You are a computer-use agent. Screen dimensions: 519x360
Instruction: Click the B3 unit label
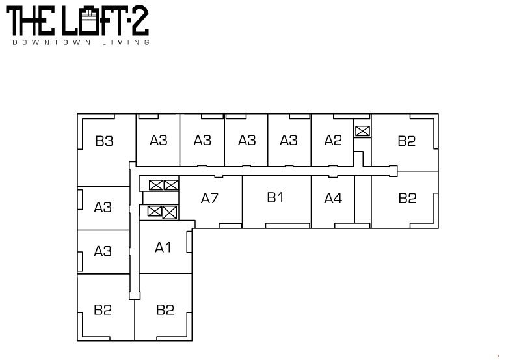click(104, 141)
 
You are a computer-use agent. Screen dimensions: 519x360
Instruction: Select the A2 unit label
click(333, 141)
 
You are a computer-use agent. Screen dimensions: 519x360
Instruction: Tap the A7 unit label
click(209, 199)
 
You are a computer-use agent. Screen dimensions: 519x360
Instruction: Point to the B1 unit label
click(275, 197)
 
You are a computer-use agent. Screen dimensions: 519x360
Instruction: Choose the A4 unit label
click(333, 199)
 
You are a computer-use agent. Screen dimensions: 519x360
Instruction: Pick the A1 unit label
click(163, 247)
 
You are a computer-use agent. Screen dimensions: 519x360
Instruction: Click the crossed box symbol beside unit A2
click(362, 131)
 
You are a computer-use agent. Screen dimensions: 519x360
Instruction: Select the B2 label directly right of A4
click(407, 199)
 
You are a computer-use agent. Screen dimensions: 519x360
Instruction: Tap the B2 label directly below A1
click(165, 310)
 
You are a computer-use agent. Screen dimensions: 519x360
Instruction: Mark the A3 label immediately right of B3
click(159, 141)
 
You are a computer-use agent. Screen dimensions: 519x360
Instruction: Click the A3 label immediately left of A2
click(289, 141)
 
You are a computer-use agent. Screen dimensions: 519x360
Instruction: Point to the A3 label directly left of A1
click(103, 251)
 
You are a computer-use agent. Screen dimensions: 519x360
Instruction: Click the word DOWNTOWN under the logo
click(51, 42)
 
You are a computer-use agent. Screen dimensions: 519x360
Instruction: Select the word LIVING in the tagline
click(126, 42)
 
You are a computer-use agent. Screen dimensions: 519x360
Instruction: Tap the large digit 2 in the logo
click(140, 21)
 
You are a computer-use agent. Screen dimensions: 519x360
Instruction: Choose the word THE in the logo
click(30, 21)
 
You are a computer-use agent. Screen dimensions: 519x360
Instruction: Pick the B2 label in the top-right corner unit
click(406, 141)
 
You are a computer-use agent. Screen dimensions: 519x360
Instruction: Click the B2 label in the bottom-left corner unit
click(103, 310)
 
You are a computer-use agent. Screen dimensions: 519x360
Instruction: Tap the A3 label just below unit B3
click(103, 207)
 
